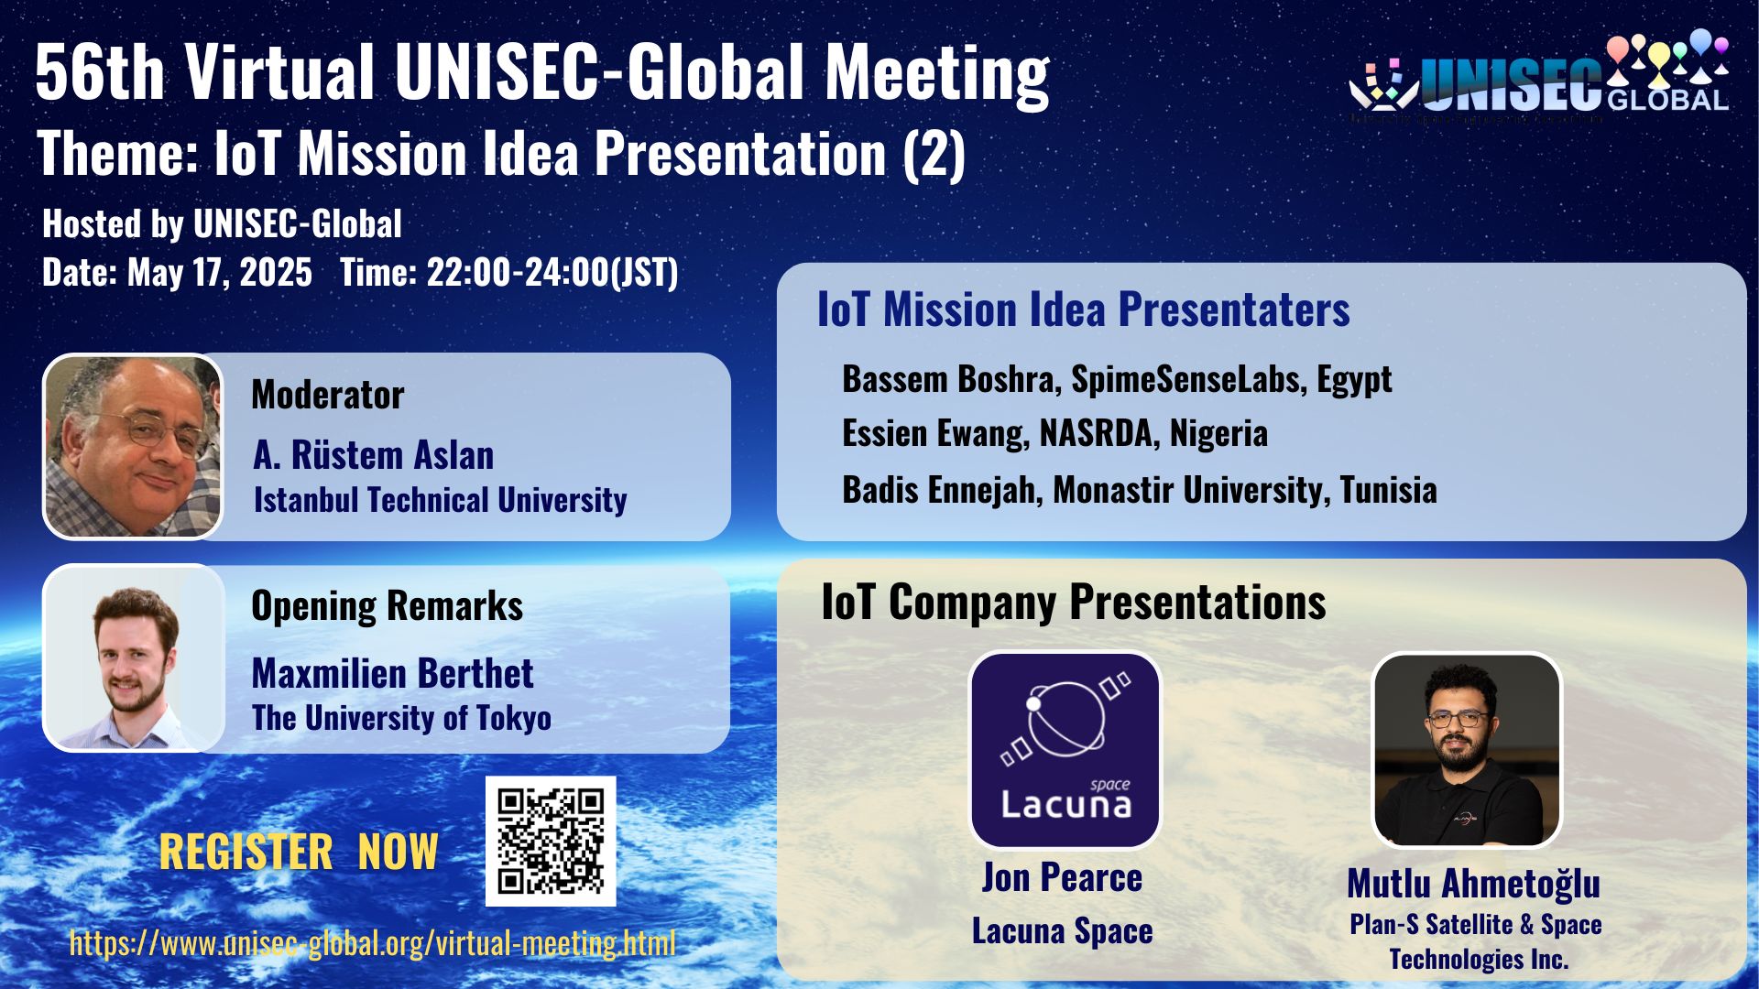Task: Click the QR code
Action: [550, 841]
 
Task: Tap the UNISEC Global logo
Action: [1539, 77]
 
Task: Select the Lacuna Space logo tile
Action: [1065, 750]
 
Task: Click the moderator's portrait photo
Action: [133, 446]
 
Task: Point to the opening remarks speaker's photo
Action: [134, 658]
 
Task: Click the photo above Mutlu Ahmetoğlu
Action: [1466, 750]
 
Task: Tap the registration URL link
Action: [372, 942]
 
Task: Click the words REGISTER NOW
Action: [299, 852]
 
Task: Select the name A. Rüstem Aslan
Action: [374, 455]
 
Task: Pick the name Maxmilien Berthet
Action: [392, 673]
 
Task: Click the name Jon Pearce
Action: [1062, 877]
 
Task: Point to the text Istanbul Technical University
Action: [440, 500]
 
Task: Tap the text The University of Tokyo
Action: [401, 718]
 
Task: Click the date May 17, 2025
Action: [220, 273]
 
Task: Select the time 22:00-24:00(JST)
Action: [552, 273]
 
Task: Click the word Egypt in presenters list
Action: [1354, 379]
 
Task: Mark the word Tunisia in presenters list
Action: [1388, 490]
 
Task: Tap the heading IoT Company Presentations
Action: [1074, 603]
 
